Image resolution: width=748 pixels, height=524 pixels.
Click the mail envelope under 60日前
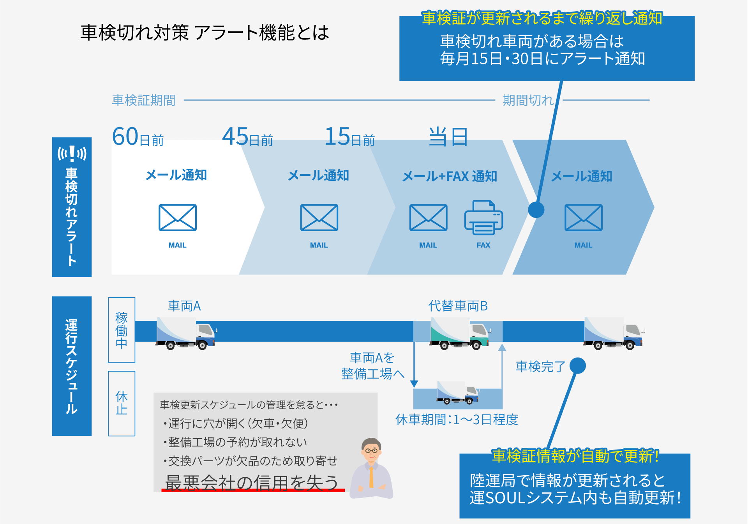click(x=178, y=218)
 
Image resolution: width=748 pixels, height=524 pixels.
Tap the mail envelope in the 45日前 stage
click(x=319, y=218)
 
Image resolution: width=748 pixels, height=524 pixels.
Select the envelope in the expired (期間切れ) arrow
click(x=583, y=218)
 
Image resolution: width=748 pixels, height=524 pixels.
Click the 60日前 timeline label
click(x=138, y=137)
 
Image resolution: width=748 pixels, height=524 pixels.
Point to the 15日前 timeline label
click(x=349, y=137)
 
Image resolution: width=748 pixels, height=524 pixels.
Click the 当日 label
click(x=448, y=137)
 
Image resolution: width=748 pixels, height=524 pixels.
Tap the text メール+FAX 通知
click(x=450, y=176)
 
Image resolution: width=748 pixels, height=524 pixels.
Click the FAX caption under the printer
click(x=483, y=245)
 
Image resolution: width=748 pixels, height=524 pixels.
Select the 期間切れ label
click(x=528, y=100)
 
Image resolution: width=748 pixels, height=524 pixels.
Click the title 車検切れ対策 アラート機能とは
click(x=205, y=32)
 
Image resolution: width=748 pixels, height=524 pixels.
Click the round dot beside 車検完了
click(x=577, y=366)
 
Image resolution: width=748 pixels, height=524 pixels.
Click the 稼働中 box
click(x=122, y=330)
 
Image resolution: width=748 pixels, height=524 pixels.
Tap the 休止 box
click(x=122, y=403)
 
